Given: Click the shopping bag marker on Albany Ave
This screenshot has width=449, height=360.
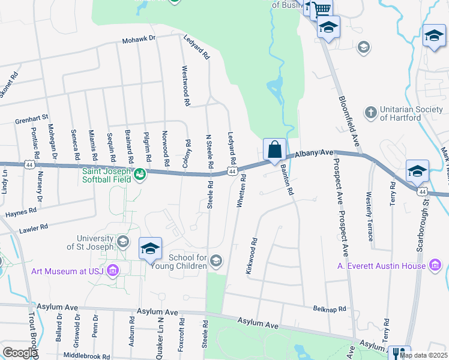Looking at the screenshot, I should click(274, 149).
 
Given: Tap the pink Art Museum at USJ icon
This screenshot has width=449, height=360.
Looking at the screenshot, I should click(112, 271).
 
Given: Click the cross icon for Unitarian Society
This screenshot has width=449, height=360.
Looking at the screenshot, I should click(370, 112).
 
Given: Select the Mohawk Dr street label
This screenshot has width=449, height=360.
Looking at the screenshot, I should click(139, 39).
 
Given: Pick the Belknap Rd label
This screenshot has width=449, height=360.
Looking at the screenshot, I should click(330, 309).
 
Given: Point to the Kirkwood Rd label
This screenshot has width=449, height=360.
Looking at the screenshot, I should click(252, 257).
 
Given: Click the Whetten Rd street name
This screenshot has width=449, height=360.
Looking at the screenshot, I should click(241, 191).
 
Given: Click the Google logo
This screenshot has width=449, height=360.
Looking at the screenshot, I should click(20, 352).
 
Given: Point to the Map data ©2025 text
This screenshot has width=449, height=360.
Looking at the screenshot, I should click(423, 355).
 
